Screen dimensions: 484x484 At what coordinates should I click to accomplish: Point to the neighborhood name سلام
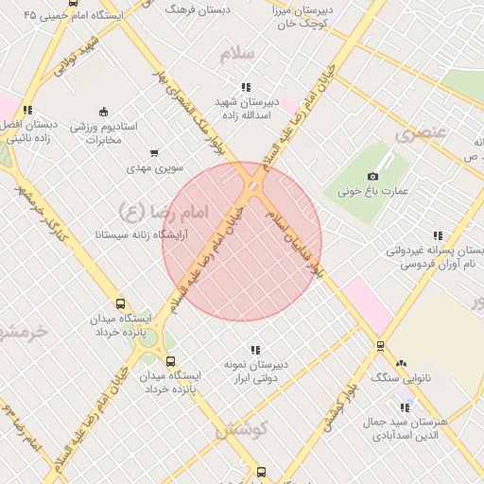click(238, 54)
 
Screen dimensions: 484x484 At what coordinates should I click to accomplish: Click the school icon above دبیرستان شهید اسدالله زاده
click(246, 87)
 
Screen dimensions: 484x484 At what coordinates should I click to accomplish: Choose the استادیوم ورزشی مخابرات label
click(104, 133)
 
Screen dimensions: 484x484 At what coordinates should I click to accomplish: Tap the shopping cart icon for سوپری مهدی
click(154, 153)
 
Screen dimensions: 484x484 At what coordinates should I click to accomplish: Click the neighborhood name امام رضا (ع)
click(151, 207)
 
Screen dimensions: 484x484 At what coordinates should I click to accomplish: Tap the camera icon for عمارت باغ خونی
click(372, 176)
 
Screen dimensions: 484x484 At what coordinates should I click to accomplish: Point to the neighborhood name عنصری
click(420, 133)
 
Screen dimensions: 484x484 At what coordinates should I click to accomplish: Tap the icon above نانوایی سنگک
click(401, 363)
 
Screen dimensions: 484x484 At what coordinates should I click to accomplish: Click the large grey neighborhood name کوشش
click(242, 430)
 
